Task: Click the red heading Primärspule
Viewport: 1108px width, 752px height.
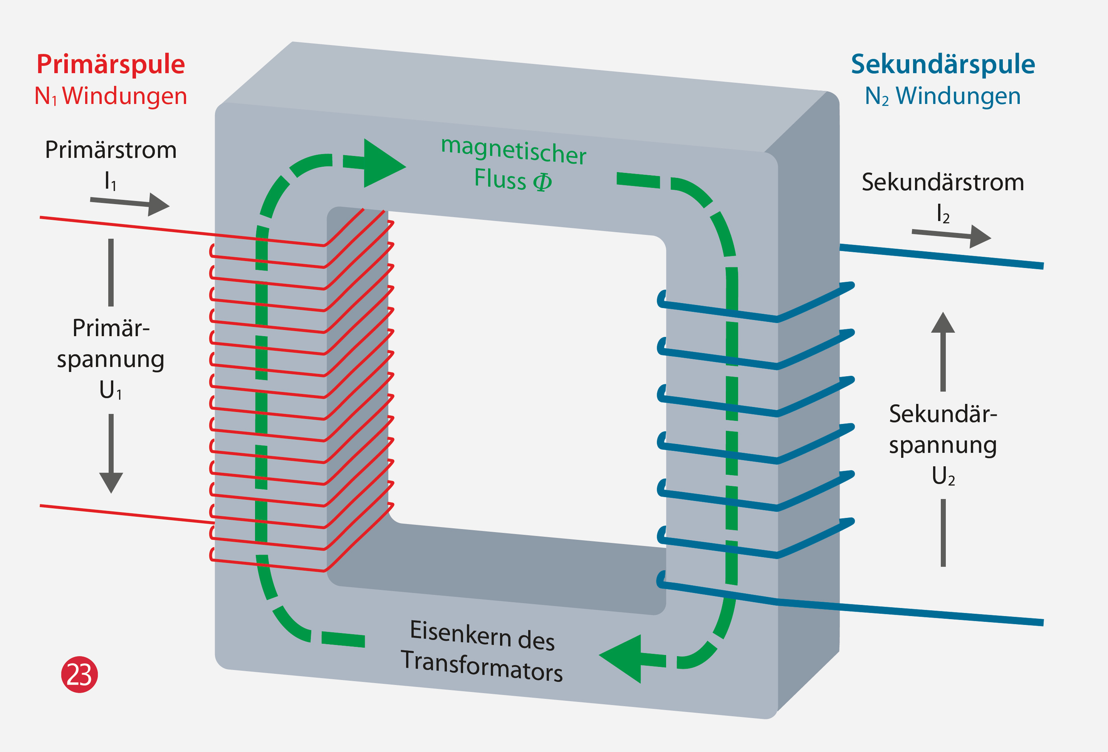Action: [111, 64]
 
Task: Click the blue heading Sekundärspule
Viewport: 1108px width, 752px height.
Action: [943, 64]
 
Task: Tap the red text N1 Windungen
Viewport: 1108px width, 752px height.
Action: [111, 96]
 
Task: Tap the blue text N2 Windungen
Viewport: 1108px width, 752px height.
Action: [943, 96]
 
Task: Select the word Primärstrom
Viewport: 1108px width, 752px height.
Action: [111, 150]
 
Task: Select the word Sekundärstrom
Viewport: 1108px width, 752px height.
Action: [943, 182]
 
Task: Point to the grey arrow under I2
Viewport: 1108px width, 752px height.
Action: [951, 235]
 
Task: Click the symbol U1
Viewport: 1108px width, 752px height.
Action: [111, 390]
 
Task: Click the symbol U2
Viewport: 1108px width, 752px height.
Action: [943, 476]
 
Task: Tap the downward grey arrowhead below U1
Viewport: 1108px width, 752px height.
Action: [111, 482]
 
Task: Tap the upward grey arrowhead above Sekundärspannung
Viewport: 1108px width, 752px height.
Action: [943, 323]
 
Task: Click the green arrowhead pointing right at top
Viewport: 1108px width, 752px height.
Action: [382, 164]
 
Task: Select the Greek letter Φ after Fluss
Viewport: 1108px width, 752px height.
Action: [542, 181]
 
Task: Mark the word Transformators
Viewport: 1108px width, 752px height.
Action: [482, 666]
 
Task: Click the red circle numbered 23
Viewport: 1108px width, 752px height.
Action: [79, 674]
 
